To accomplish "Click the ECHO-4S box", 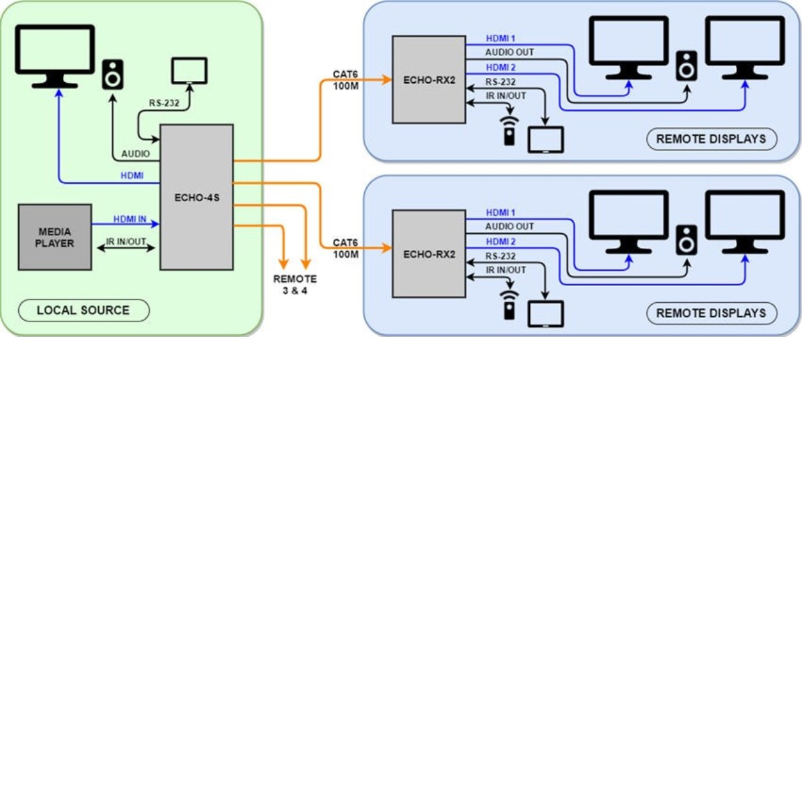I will point(196,197).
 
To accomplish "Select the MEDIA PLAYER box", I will point(55,237).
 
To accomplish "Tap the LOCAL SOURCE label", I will point(84,310).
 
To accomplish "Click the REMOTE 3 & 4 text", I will point(295,285).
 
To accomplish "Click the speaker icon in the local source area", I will point(112,74).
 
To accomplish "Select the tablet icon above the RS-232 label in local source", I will point(189,71).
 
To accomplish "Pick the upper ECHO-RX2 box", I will point(429,80).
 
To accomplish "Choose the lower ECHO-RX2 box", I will point(429,254).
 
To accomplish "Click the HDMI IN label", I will point(130,219).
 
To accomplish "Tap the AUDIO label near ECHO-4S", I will point(136,154).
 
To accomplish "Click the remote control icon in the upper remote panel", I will point(509,131).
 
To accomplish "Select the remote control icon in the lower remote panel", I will point(509,305).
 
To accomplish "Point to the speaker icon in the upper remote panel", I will point(686,66).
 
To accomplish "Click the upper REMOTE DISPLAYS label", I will point(711,139).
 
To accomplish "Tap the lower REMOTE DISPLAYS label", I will point(711,313).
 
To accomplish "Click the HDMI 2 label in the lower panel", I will point(501,241).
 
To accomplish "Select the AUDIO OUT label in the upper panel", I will point(509,52).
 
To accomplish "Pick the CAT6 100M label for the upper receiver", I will point(346,80).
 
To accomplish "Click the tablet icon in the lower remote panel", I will point(546,314).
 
